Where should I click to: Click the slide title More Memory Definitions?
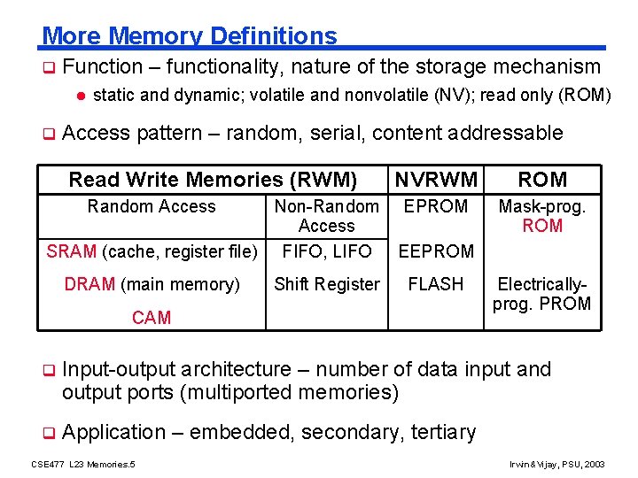click(190, 36)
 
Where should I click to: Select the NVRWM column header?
click(436, 180)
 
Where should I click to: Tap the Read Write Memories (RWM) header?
click(213, 180)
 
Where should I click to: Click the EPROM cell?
click(436, 206)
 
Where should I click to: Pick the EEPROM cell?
click(436, 251)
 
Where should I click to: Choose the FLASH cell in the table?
click(436, 284)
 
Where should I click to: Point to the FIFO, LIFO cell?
click(326, 251)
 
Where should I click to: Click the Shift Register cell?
click(326, 284)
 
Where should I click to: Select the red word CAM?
click(152, 317)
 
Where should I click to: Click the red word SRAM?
click(72, 251)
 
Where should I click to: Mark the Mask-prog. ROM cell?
click(542, 216)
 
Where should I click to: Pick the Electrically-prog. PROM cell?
click(542, 294)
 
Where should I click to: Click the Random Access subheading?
click(152, 206)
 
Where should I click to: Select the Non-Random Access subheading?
click(326, 216)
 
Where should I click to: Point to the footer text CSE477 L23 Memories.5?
click(83, 464)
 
